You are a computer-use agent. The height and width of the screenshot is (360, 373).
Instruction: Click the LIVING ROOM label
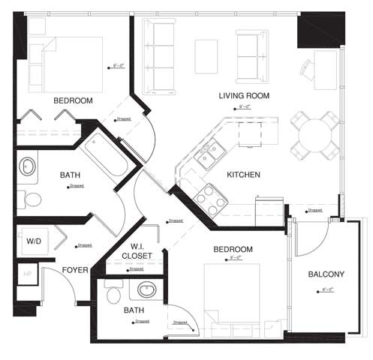[x=244, y=96]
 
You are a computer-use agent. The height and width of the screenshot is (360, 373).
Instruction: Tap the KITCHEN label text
[x=243, y=175]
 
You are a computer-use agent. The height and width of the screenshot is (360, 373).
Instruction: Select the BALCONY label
[x=326, y=274]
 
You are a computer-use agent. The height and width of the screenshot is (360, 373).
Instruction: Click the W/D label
[x=35, y=241]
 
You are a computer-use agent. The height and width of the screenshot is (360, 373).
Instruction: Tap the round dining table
[x=314, y=135]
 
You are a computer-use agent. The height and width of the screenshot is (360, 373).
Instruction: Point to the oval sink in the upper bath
[x=28, y=166]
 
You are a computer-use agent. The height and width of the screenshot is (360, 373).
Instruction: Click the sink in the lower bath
[x=145, y=289]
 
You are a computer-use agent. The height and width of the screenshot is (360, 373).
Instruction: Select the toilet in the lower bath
[x=114, y=295]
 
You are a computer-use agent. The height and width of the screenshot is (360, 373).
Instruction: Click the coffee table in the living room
[x=206, y=56]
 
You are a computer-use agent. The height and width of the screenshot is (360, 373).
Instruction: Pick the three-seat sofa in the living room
[x=158, y=56]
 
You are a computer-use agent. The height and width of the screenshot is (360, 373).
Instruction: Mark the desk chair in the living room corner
[x=308, y=70]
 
